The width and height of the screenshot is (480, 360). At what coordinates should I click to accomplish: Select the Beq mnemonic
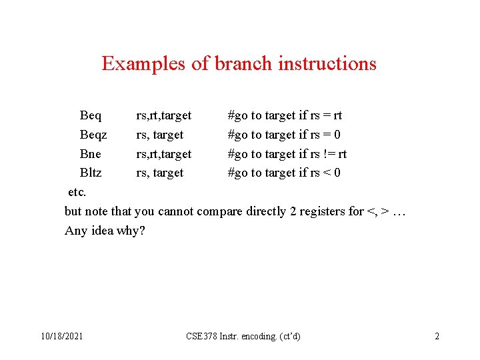tap(91, 116)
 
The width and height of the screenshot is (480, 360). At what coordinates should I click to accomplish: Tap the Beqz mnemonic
tap(93, 135)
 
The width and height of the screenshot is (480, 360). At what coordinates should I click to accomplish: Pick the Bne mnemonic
tap(91, 154)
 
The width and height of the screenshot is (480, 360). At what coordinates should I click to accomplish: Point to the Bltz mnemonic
tap(91, 173)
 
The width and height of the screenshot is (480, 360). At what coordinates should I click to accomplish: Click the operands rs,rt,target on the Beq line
tap(163, 116)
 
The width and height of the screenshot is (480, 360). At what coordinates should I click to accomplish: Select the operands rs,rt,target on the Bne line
tap(163, 154)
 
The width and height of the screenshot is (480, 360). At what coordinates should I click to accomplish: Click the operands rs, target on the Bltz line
tap(159, 173)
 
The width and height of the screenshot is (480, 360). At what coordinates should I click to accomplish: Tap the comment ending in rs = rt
tap(285, 116)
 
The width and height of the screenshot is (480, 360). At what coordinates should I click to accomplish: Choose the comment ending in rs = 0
tap(285, 135)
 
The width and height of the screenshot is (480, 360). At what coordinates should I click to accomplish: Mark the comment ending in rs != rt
tap(287, 154)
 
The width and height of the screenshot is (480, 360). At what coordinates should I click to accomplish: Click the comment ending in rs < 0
tap(285, 173)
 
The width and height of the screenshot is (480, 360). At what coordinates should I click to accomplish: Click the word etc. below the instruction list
tap(77, 193)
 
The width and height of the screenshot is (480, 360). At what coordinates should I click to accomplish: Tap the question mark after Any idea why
tap(142, 231)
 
